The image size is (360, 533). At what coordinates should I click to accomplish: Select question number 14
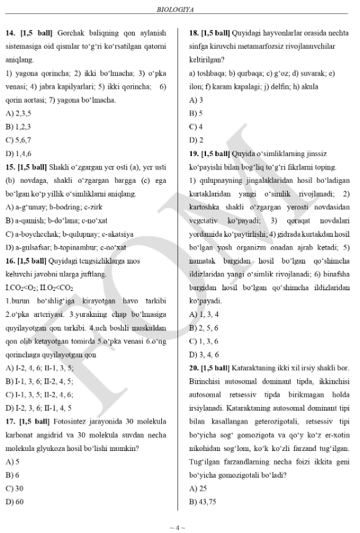11,32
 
